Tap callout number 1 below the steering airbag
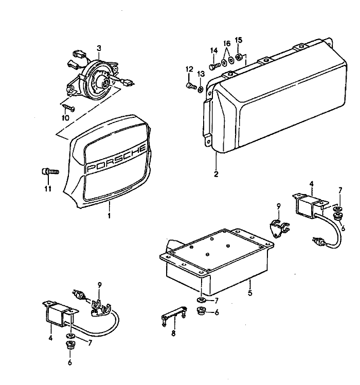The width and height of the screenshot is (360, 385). tap(109, 217)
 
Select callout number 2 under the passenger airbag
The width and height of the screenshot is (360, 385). tap(216, 174)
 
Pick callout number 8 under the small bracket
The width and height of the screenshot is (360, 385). tap(173, 334)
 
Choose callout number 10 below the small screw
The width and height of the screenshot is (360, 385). tap(65, 118)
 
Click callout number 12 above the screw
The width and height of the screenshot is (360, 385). tap(189, 69)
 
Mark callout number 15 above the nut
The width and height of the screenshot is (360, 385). tap(239, 40)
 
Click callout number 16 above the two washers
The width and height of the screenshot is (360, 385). tap(227, 44)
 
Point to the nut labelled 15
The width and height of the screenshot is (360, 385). tap(239, 56)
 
